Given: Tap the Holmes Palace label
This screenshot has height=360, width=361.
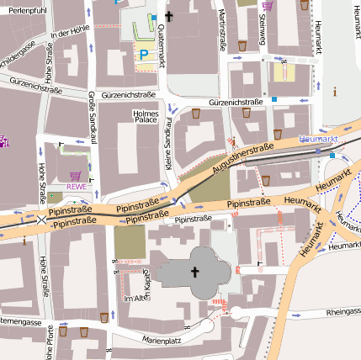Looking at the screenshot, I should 146,115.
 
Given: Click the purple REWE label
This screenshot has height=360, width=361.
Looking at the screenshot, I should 77,187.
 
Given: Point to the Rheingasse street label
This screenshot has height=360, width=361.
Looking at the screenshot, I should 342,312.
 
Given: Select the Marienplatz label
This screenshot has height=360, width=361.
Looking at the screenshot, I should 162,341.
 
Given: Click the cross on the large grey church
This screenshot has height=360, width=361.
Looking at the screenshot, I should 195,272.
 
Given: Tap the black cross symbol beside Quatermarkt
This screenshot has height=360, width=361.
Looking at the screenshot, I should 168,16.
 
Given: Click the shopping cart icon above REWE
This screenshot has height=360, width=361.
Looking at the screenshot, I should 75,175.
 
